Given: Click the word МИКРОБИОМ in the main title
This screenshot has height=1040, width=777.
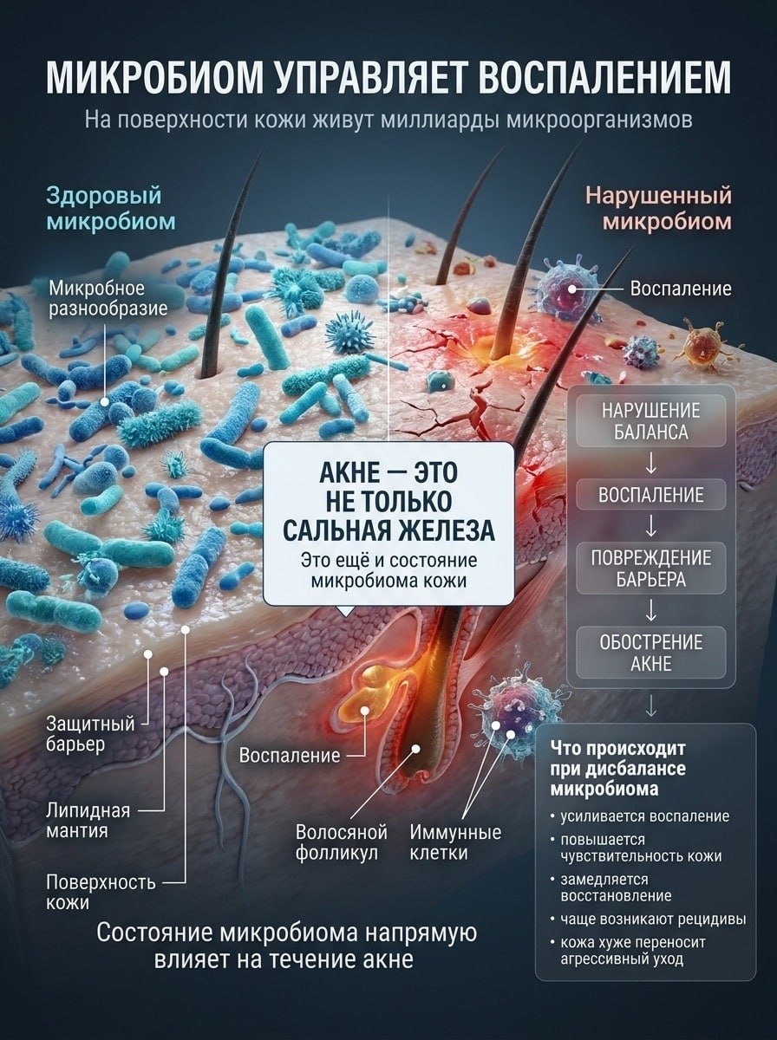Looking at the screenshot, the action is coord(154,78).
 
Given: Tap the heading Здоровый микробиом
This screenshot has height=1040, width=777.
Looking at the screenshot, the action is coord(111,209).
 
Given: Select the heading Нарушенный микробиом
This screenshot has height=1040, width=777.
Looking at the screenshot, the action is coord(659,209).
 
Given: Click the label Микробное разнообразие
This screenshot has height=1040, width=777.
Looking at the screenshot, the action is coord(108,298).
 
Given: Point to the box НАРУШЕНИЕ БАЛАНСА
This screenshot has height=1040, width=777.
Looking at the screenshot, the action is coord(651,420).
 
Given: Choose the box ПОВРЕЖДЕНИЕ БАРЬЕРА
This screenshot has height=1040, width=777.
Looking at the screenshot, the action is coord(651,568).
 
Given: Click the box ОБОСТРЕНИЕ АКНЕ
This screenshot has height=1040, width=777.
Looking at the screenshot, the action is coord(651,653).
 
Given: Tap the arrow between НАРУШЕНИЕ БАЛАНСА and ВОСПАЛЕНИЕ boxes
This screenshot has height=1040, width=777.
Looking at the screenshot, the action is coord(651,463).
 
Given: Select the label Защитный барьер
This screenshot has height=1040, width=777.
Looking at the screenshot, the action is coord(90,734).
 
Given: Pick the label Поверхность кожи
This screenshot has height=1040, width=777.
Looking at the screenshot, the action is coord(101,892).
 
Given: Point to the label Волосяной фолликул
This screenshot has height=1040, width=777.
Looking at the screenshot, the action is coord(342,842).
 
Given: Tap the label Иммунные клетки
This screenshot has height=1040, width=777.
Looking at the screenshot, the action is coord(455,842).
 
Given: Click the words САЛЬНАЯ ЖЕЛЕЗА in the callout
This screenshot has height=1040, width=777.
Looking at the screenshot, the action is coord(388,530).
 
